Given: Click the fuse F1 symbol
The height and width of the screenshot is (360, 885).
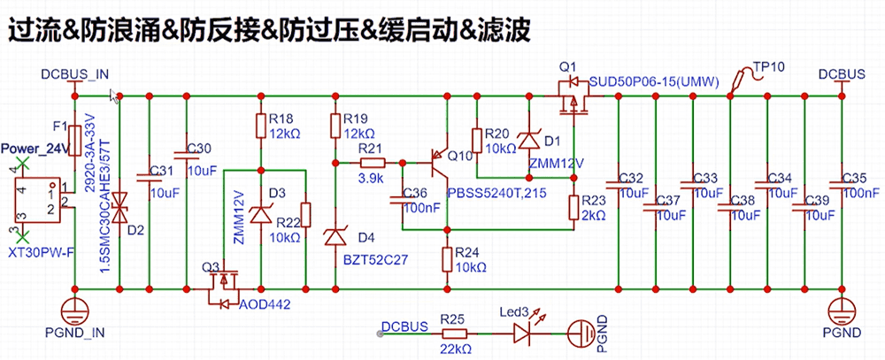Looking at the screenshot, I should [x=77, y=139].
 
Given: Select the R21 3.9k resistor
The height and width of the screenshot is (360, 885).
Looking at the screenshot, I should [x=372, y=163].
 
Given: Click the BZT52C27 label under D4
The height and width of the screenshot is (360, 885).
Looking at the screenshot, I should [x=375, y=261].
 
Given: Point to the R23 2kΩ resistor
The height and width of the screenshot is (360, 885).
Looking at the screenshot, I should [x=573, y=205].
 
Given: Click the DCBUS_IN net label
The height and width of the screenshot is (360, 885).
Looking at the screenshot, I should [x=75, y=73].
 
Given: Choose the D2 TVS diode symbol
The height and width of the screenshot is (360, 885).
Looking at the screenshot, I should [x=120, y=210].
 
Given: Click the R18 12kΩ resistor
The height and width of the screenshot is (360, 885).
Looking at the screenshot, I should [x=260, y=126].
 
